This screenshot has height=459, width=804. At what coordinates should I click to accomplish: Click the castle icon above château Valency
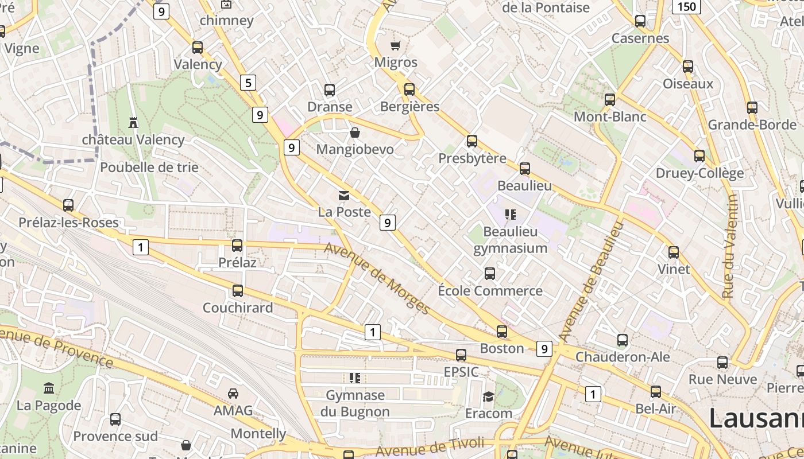pos(134,122)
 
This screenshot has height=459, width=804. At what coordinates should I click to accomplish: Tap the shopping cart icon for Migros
pos(395,45)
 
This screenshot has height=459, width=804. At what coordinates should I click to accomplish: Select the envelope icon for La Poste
pos(344,196)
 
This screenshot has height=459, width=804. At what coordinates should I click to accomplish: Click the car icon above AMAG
pos(233,394)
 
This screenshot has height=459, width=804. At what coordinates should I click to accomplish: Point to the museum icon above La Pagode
pos(49,388)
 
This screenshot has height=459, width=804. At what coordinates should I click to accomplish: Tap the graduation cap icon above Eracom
pos(488,396)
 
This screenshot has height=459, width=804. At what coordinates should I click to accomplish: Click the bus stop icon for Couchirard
pos(238,291)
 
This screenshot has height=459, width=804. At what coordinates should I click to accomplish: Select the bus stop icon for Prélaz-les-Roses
pos(68,205)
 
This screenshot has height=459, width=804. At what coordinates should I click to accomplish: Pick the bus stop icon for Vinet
pos(674,252)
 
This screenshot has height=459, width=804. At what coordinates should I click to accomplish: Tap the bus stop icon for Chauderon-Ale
pos(623,340)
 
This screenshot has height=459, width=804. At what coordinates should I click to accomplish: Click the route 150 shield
pos(686,7)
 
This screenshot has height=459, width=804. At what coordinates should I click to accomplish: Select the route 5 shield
pos(248,83)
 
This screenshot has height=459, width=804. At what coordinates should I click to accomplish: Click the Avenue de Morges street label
pos(377,279)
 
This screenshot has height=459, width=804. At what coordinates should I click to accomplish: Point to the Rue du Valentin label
pos(730,247)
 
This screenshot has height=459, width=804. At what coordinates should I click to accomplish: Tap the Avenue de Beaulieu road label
pos(590,281)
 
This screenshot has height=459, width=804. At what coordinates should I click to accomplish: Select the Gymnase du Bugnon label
pos(355,403)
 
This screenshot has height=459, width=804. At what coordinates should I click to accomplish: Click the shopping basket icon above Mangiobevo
pos(355,133)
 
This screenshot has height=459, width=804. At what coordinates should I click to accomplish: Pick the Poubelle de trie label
pos(149,168)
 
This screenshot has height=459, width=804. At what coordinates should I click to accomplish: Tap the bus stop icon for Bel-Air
pos(656,392)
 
